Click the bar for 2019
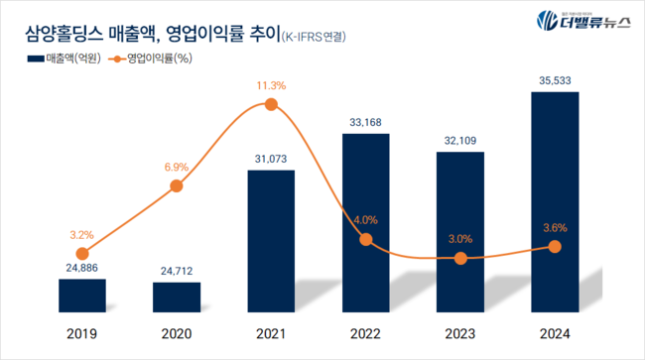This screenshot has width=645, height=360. click(x=81, y=296)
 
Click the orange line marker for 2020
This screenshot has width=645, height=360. click(x=177, y=185)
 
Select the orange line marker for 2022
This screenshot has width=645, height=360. click(x=366, y=239)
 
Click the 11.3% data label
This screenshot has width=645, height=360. click(x=271, y=86)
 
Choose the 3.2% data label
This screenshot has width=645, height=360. click(x=81, y=235)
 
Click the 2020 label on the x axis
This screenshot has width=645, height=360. click(x=177, y=333)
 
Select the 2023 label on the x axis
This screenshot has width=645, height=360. click(x=460, y=333)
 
